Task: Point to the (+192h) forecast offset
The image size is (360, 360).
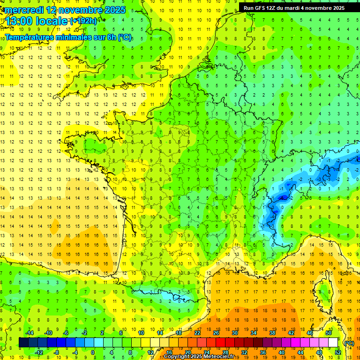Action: (x=83, y=21)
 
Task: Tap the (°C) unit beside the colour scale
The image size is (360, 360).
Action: (x=349, y=343)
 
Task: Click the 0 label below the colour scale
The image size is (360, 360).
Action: (x=92, y=352)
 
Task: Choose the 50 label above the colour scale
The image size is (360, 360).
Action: (x=328, y=333)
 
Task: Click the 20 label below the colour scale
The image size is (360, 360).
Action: (x=187, y=352)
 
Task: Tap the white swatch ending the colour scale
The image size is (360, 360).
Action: (x=333, y=343)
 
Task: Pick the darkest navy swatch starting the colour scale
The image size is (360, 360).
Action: (x=23, y=343)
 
